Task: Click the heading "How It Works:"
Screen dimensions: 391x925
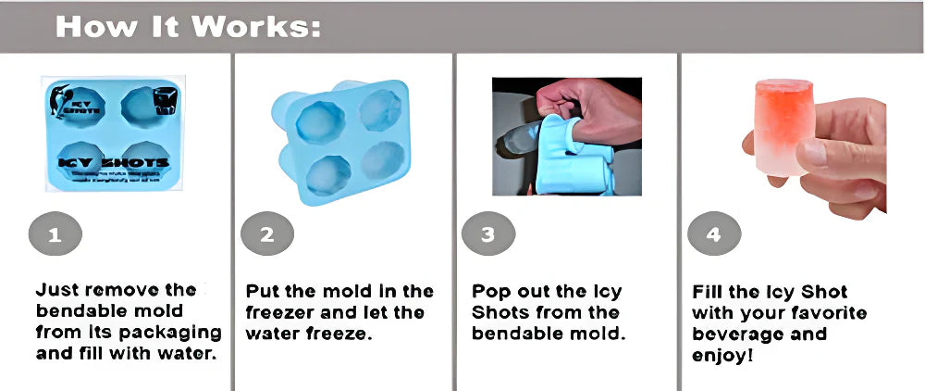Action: click(189, 26)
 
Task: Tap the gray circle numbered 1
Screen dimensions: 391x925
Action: click(55, 234)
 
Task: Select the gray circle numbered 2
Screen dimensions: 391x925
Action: click(267, 234)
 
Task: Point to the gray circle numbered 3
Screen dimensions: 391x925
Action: click(487, 234)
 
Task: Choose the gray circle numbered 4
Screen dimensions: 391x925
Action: click(713, 234)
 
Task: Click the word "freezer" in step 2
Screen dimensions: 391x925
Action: click(281, 311)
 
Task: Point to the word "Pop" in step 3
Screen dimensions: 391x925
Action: click(490, 291)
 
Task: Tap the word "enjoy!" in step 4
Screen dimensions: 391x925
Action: click(721, 355)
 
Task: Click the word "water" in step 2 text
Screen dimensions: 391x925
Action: click(275, 333)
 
